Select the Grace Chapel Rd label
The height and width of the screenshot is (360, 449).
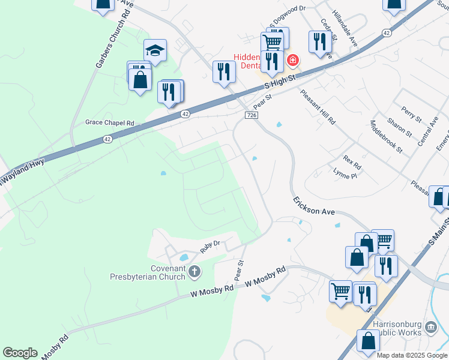point(109,122)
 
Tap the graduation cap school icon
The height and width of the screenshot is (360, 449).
point(155,51)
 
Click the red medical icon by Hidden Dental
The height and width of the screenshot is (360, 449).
point(292,60)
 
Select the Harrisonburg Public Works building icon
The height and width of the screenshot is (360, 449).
point(430,327)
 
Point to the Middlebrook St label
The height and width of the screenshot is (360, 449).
point(387,137)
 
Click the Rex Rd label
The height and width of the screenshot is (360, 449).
point(352,161)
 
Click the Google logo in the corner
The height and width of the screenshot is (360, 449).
point(20,353)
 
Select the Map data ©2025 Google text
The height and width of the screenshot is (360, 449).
point(412,355)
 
